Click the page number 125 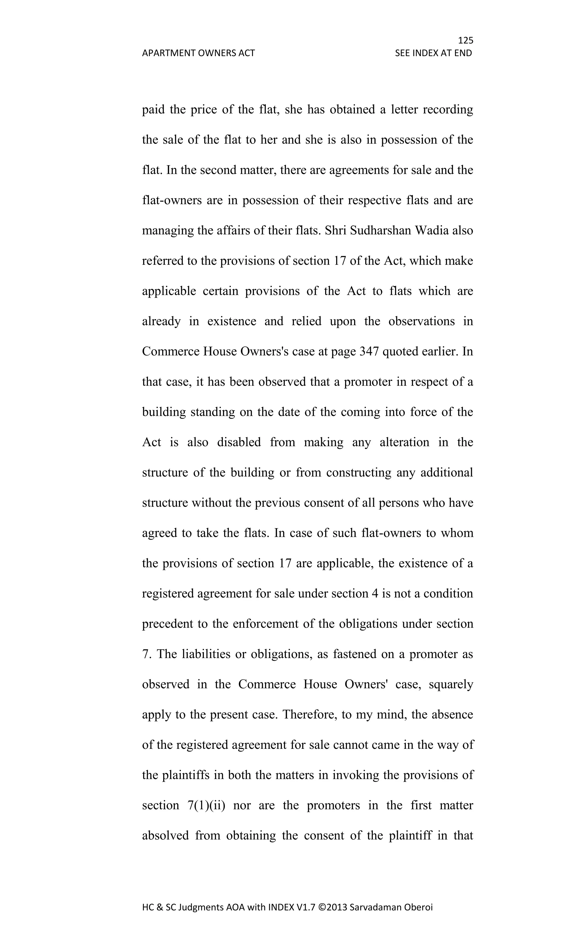466,40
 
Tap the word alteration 404,442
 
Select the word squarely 450,684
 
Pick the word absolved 165,836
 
